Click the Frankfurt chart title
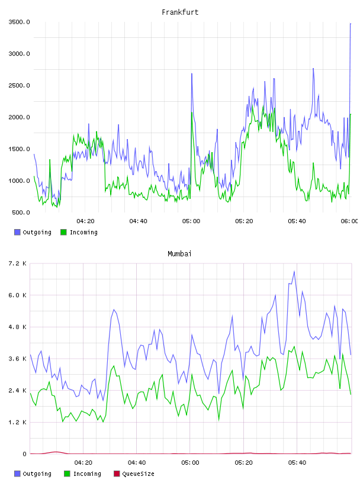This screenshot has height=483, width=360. (x=180, y=12)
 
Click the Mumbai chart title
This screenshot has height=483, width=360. (x=179, y=254)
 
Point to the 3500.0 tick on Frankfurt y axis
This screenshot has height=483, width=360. (x=19, y=22)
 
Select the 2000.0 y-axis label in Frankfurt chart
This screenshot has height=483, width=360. (x=19, y=117)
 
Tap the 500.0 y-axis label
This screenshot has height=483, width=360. (x=21, y=212)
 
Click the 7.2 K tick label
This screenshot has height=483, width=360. (x=18, y=263)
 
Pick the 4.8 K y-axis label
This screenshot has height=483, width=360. (x=18, y=327)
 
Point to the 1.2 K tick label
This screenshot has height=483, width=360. (x=18, y=422)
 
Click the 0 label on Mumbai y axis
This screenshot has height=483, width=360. (x=25, y=454)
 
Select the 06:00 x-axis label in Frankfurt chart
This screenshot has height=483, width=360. (x=350, y=221)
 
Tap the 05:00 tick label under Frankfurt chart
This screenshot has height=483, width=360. (x=191, y=221)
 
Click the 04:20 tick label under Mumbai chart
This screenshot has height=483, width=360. (x=83, y=462)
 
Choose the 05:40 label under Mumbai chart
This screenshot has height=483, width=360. (x=297, y=462)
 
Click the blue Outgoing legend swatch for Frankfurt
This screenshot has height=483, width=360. (x=17, y=232)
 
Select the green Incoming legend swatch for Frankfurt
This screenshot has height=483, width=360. (x=63, y=232)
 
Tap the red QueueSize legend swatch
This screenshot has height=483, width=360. (x=117, y=474)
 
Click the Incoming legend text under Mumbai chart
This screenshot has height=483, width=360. (x=87, y=474)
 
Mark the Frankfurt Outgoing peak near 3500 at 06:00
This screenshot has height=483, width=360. (x=351, y=24)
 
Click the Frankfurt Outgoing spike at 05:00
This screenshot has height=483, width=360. (x=192, y=73)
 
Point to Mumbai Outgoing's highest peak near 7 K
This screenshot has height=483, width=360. (x=294, y=271)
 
